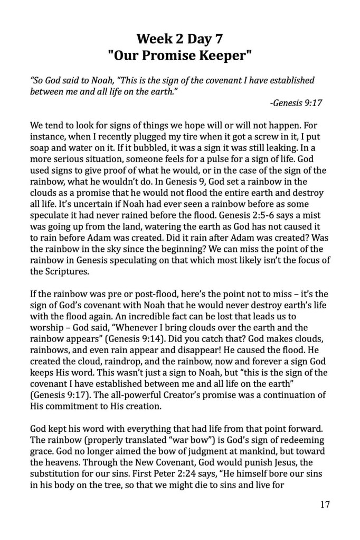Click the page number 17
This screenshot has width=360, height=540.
[x=325, y=505]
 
